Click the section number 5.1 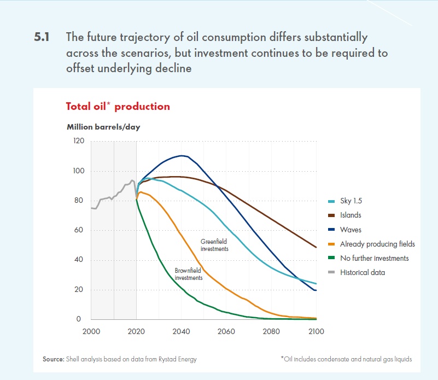click(x=42, y=38)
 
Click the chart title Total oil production click(x=118, y=106)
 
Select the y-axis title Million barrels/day click(x=103, y=127)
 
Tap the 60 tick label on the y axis click(x=79, y=230)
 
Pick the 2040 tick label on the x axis click(x=181, y=331)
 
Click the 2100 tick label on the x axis click(x=316, y=331)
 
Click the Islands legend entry click(x=351, y=215)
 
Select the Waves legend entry click(x=351, y=230)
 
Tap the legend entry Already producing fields click(x=377, y=244)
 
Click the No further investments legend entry click(x=374, y=258)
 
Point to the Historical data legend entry click(x=362, y=272)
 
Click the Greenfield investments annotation click(x=214, y=244)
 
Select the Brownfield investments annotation click(x=189, y=274)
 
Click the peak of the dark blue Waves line click(x=182, y=156)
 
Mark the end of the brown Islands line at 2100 click(x=316, y=247)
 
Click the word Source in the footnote click(x=53, y=359)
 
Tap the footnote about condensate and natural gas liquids click(x=346, y=359)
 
